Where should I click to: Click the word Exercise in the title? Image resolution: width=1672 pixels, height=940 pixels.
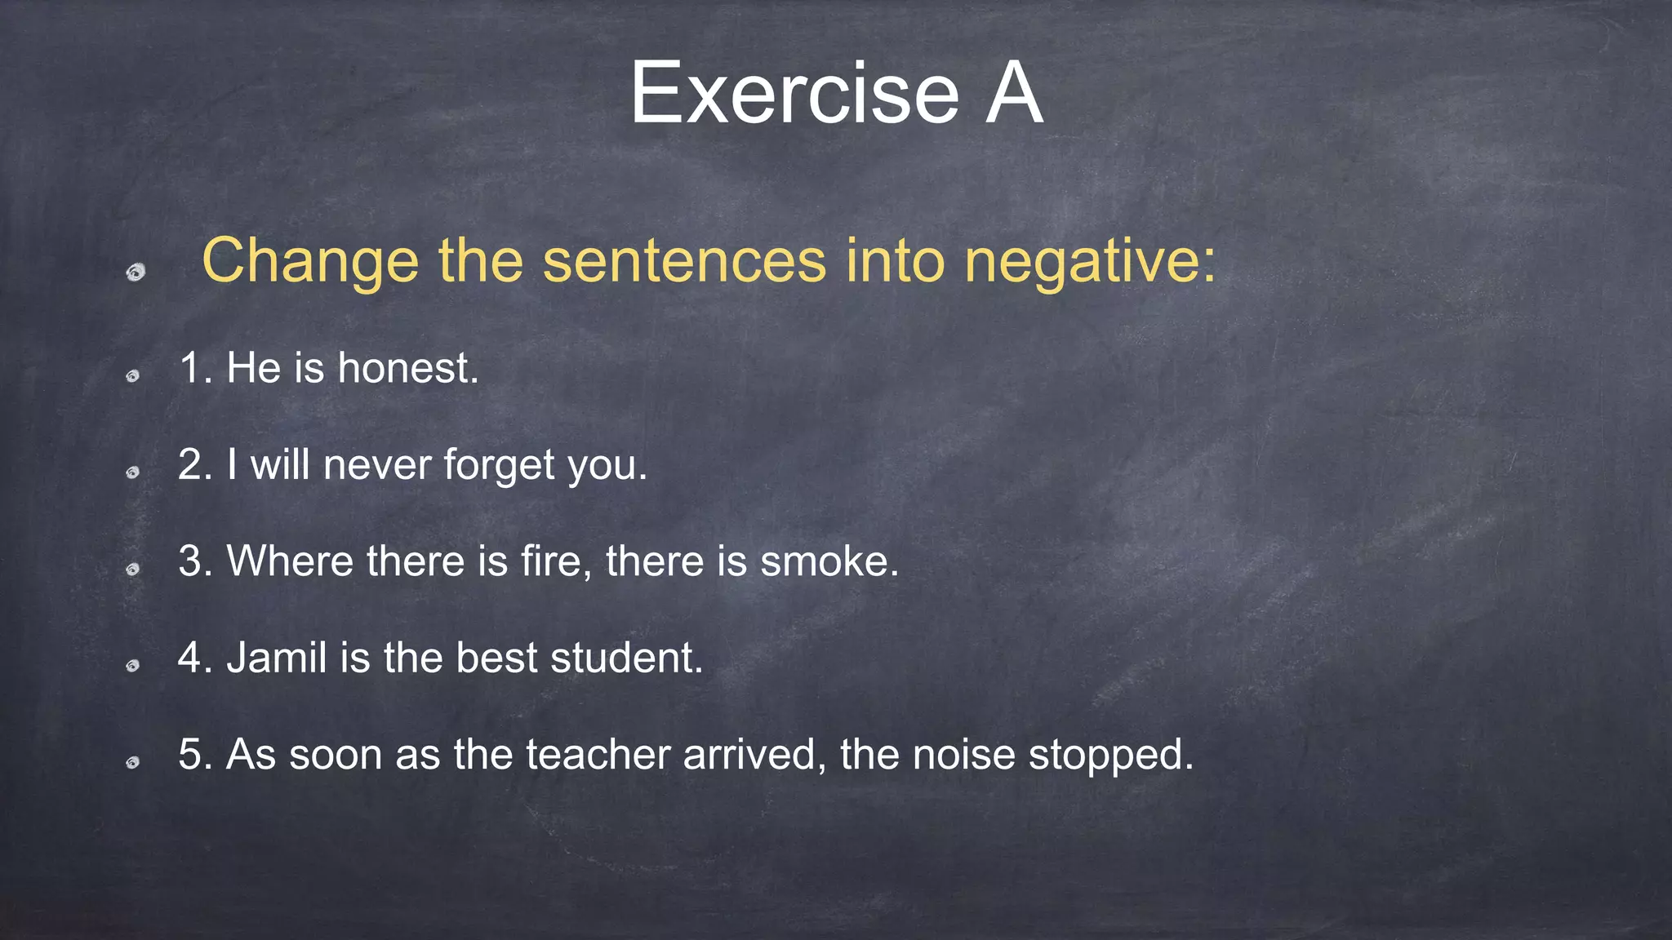[794, 95]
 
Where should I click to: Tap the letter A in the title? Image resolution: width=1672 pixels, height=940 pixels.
[1013, 95]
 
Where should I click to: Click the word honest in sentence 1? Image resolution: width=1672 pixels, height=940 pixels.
[407, 368]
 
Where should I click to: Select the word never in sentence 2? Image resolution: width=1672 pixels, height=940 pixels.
[377, 465]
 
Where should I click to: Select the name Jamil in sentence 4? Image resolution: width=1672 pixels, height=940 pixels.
[277, 658]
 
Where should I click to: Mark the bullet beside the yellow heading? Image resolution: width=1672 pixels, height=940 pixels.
[136, 272]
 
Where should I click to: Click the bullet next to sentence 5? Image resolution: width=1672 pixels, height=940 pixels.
[132, 763]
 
